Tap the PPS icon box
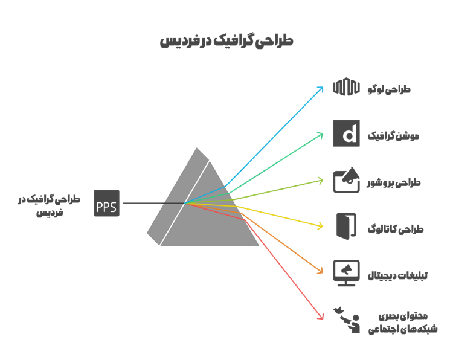[x=107, y=203]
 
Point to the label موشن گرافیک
[x=393, y=136]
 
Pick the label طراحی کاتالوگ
[x=396, y=228]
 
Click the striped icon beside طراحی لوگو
[x=347, y=88]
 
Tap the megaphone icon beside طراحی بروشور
[x=347, y=180]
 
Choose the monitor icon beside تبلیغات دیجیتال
[x=347, y=273]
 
